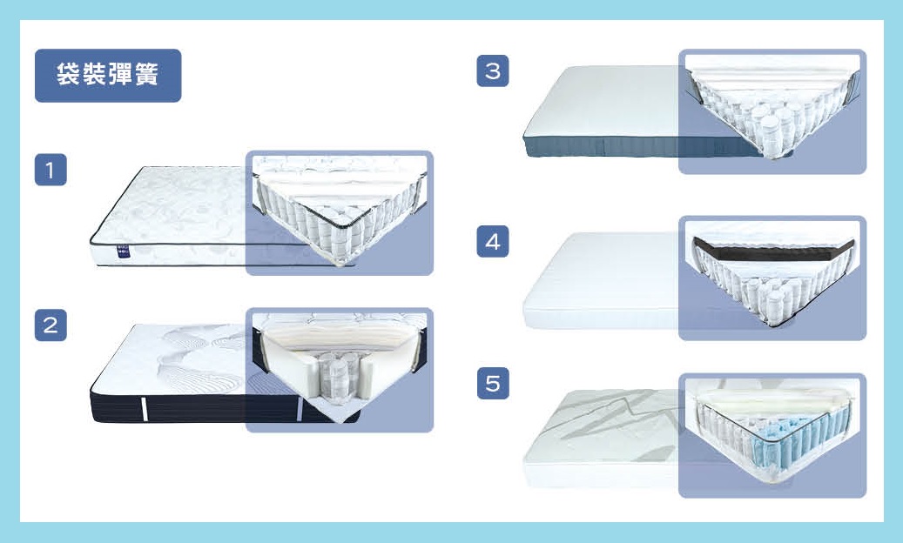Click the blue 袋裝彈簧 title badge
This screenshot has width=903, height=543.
click(x=108, y=76)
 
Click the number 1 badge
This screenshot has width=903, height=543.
click(x=51, y=170)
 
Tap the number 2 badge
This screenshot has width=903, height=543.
click(x=51, y=325)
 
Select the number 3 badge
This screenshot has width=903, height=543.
click(x=492, y=70)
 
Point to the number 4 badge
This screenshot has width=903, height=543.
click(x=492, y=241)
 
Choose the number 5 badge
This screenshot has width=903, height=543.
click(x=492, y=383)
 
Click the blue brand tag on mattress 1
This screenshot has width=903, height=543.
click(x=124, y=251)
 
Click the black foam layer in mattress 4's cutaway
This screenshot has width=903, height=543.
click(x=773, y=250)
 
